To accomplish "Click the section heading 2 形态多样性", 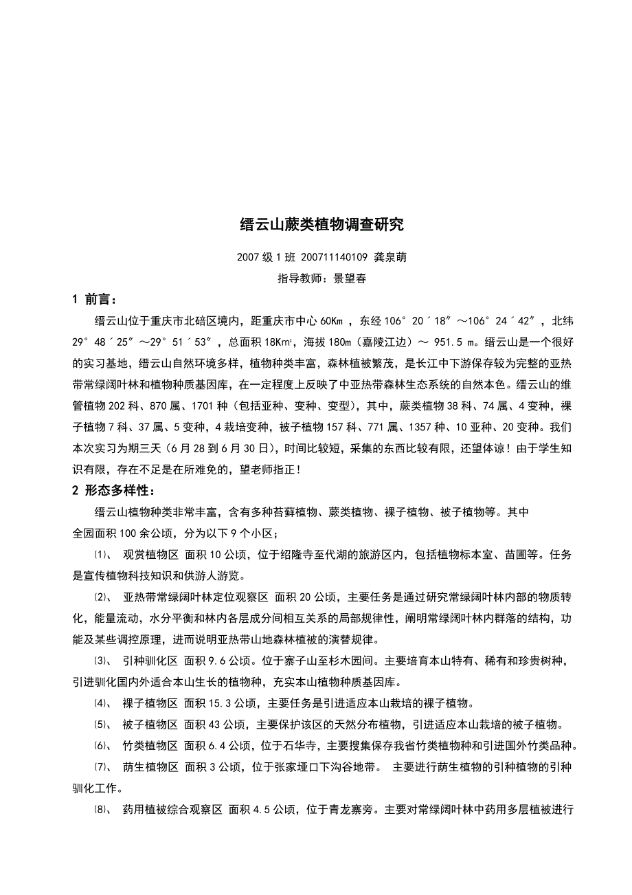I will coord(113,491).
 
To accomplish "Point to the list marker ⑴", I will coord(101,555).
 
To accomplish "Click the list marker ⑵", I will coord(101,597).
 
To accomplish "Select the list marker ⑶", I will coord(101,661).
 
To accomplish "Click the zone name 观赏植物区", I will coord(150,555).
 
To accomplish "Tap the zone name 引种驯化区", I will coord(150,661).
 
